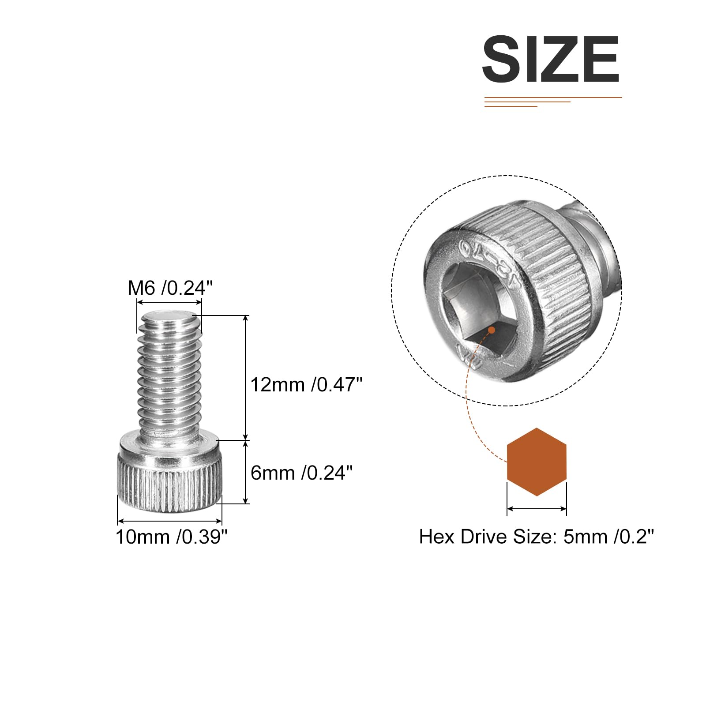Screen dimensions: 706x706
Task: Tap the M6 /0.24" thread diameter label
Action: (170, 288)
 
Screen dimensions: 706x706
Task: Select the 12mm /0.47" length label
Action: (306, 385)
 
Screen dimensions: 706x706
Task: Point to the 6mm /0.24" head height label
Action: (301, 473)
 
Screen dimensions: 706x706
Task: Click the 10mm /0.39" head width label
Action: (172, 537)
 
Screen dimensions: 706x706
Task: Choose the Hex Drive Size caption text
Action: (536, 537)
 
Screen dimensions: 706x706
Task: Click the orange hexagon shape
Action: (537, 462)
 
